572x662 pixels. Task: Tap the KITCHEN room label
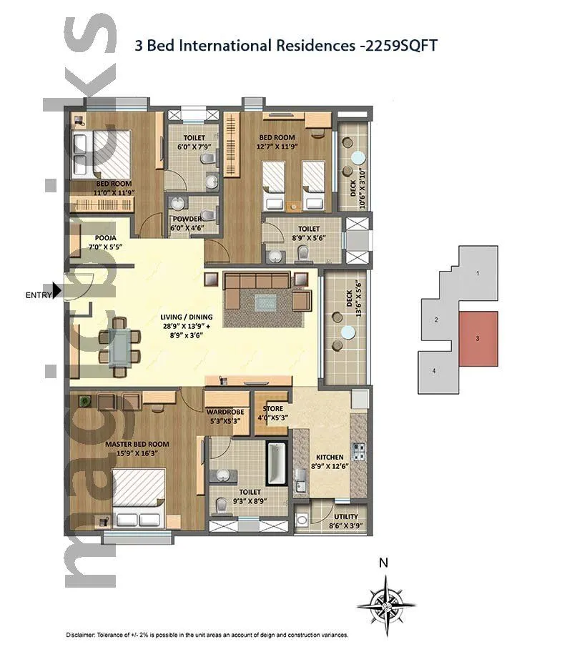(x=330, y=457)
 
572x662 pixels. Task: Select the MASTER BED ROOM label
(x=137, y=444)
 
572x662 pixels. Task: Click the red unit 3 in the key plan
(x=478, y=339)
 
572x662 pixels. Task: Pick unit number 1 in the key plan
(x=478, y=273)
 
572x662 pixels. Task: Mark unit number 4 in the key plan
(x=434, y=370)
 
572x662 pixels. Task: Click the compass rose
(x=386, y=606)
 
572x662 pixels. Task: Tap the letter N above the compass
(x=384, y=563)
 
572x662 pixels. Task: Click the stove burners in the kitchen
(x=359, y=452)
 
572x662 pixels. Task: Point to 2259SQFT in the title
(x=400, y=46)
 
